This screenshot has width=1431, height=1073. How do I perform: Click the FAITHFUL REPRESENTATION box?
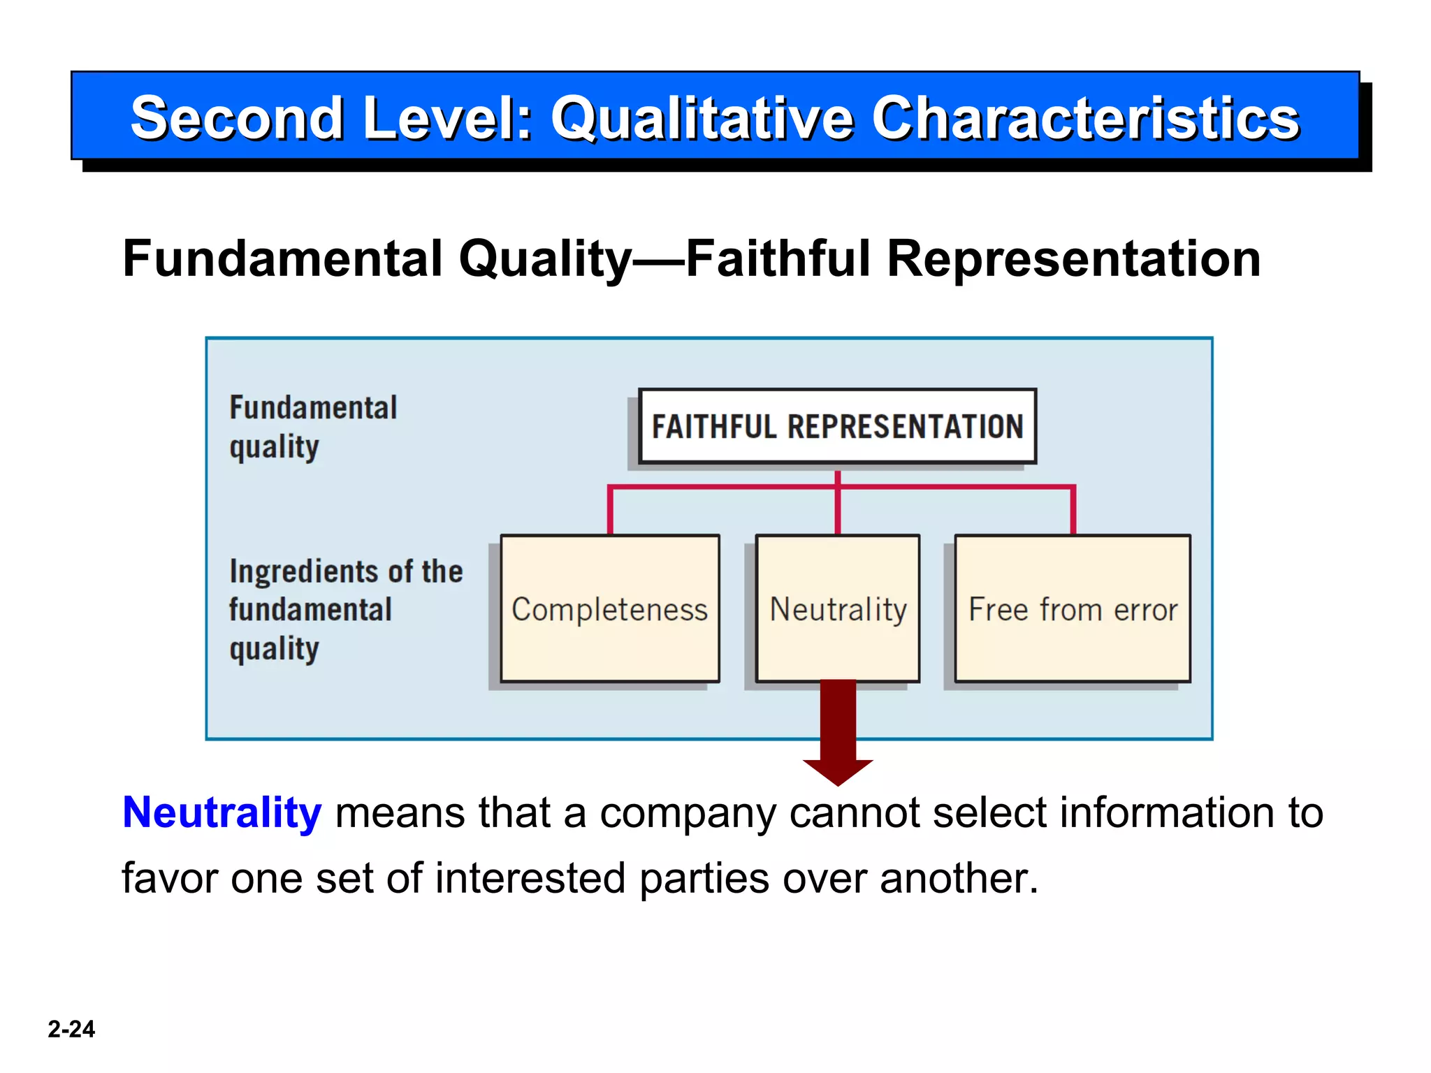pos(837,426)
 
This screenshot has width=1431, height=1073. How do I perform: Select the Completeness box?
pos(610,608)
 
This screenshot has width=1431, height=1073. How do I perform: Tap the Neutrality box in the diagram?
pos(838,608)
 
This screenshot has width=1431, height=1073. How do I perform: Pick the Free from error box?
pos(1073,608)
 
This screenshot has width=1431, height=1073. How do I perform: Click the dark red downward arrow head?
pos(838,771)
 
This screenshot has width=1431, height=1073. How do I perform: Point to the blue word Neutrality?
pos(221,812)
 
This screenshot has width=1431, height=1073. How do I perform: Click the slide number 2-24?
pos(71,1028)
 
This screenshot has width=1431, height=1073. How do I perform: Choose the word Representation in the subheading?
pos(1073,258)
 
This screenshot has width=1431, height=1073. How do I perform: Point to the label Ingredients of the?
pos(346,571)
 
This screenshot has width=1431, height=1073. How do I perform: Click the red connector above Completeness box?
pos(610,510)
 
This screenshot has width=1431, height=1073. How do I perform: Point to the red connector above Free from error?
pos(1073,510)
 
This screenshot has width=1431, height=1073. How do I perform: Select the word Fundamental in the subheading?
pos(282,258)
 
